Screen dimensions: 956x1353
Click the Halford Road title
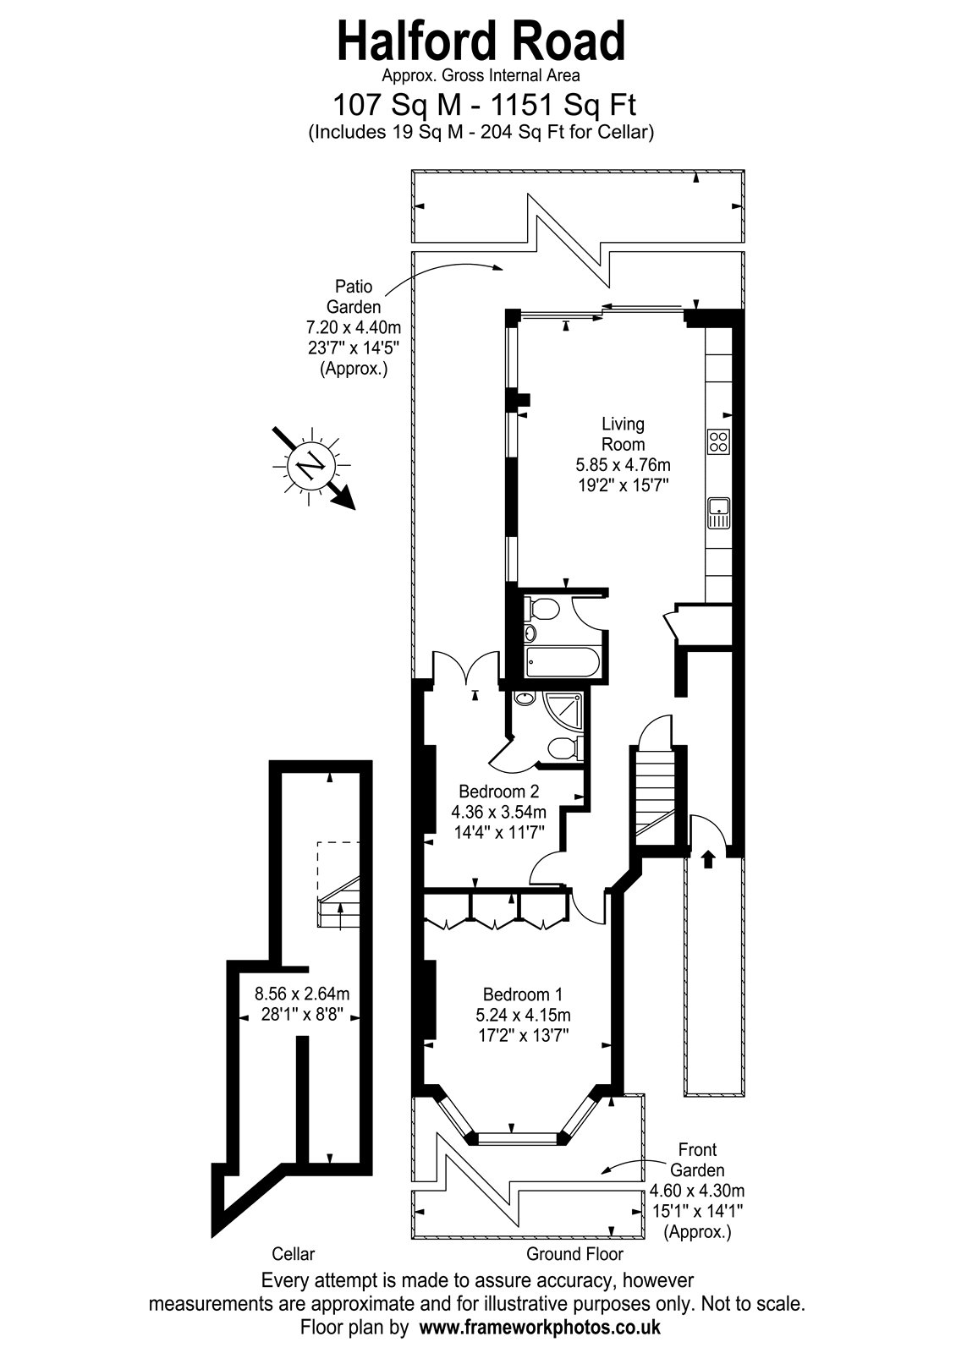[481, 41]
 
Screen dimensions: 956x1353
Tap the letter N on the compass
[312, 465]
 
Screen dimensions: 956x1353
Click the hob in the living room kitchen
[718, 441]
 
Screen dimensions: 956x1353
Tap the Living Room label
[623, 435]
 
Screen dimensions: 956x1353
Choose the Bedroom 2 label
[498, 791]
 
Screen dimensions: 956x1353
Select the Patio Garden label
[354, 296]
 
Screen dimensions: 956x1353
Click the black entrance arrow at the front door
[707, 859]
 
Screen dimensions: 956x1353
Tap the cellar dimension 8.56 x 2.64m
[302, 993]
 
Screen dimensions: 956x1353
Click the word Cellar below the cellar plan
[293, 1254]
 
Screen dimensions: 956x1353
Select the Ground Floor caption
[574, 1254]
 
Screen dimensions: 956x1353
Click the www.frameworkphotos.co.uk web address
[540, 1328]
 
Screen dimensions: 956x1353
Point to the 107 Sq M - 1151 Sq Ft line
[485, 105]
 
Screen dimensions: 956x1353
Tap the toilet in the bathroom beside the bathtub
[541, 609]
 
